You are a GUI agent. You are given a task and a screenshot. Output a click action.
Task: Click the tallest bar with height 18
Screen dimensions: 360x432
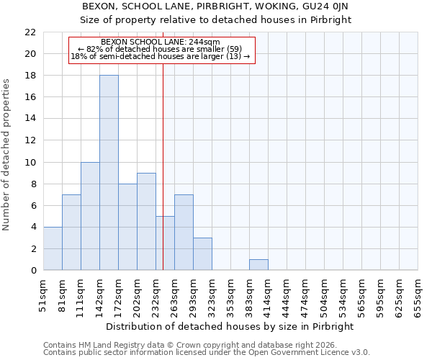coord(109,173)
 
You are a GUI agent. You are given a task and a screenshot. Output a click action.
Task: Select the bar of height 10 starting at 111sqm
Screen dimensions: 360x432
coord(90,216)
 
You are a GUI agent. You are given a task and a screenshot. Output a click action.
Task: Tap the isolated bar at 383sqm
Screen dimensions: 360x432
coord(258,265)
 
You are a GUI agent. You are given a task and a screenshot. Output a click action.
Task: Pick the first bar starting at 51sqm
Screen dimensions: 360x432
coord(53,248)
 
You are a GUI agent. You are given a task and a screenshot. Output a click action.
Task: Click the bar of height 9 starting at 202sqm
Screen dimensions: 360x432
coord(146,222)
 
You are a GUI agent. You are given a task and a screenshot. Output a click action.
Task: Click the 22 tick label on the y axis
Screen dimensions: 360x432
coord(30,32)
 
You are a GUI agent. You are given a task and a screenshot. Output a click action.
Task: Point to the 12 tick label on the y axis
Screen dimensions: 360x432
coord(30,140)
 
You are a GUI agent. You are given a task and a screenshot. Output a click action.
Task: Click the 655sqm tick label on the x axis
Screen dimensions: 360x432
coord(418,294)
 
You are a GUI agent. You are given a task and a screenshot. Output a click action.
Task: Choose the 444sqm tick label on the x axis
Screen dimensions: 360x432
coord(287,294)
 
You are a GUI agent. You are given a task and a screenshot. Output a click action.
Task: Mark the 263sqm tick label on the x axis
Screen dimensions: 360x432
coord(174,294)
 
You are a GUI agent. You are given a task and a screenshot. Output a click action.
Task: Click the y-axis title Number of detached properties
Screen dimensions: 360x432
coord(7,155)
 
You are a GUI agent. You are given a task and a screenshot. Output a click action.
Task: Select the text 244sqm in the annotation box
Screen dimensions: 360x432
coord(205,42)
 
